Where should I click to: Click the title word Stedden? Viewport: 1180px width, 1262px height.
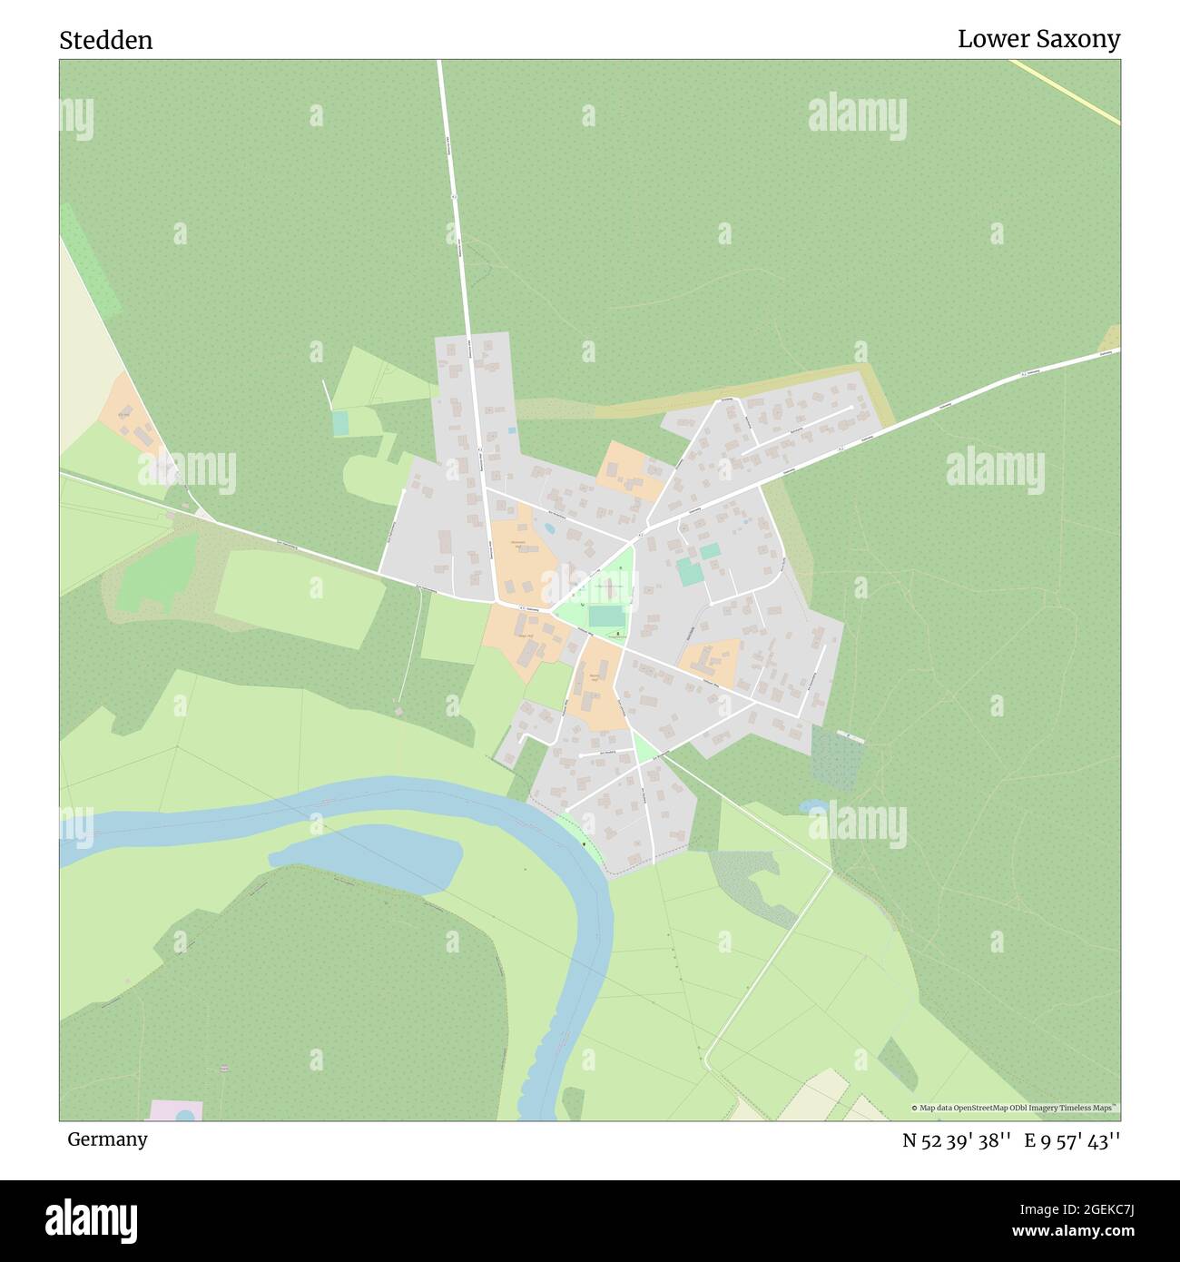pyautogui.click(x=106, y=40)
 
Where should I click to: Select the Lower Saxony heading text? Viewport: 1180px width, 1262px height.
pyautogui.click(x=1038, y=39)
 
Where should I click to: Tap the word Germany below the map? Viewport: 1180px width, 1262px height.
pyautogui.click(x=107, y=1139)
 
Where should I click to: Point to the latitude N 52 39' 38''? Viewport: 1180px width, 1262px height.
pyautogui.click(x=957, y=1140)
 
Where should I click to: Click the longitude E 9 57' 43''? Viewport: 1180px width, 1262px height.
pyautogui.click(x=1072, y=1140)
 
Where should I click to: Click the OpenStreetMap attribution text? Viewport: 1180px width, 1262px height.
pyautogui.click(x=1015, y=1108)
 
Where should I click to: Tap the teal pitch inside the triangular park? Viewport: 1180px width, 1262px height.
pyautogui.click(x=605, y=616)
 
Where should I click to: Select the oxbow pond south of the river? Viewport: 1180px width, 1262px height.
pyautogui.click(x=368, y=857)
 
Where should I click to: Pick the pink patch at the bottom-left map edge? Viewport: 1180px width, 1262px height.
pyautogui.click(x=175, y=1110)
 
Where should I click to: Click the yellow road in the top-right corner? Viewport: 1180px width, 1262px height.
pyautogui.click(x=1067, y=91)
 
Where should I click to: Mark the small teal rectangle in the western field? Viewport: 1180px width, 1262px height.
pyautogui.click(x=340, y=422)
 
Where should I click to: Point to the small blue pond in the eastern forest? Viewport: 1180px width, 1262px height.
pyautogui.click(x=813, y=805)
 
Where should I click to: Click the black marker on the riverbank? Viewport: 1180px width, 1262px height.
pyautogui.click(x=584, y=844)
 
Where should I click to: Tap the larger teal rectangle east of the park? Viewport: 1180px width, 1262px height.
pyautogui.click(x=689, y=572)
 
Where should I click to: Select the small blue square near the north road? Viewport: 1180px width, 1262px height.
pyautogui.click(x=512, y=429)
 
